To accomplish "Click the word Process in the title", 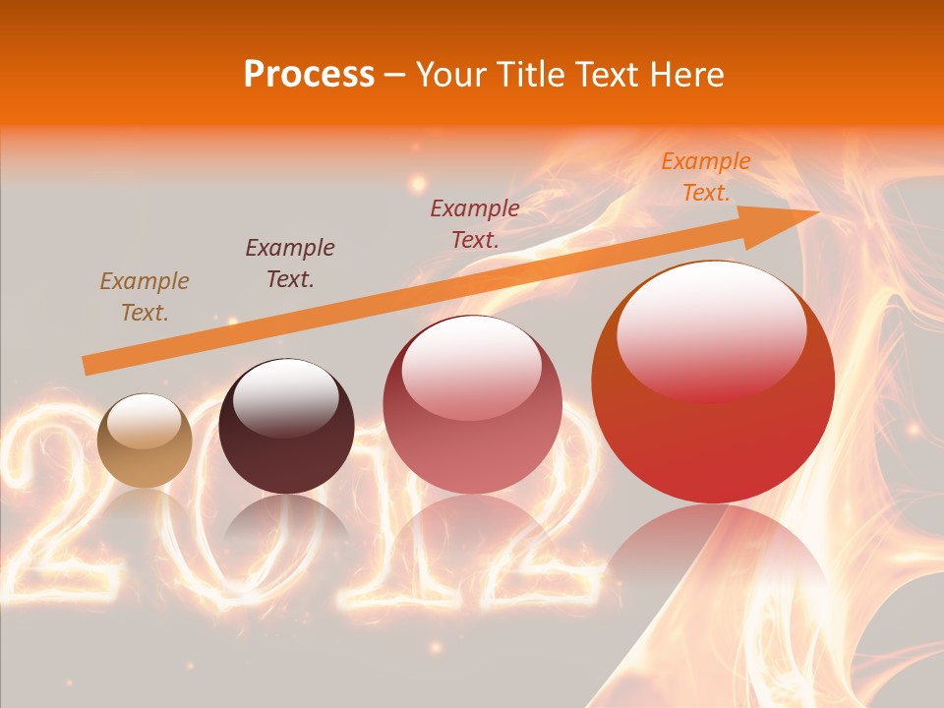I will (x=309, y=74).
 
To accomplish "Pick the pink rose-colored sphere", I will (x=472, y=404).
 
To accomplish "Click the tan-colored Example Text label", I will (x=144, y=297).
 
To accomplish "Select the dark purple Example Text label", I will (x=289, y=263).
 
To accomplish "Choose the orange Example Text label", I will (x=705, y=177).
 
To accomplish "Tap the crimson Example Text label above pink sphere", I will (x=475, y=223).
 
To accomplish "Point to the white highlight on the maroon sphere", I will (x=286, y=398).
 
